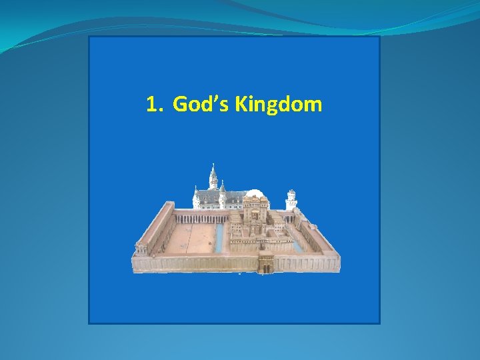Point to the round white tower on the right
291,199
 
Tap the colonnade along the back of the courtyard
200,217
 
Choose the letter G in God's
179,105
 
